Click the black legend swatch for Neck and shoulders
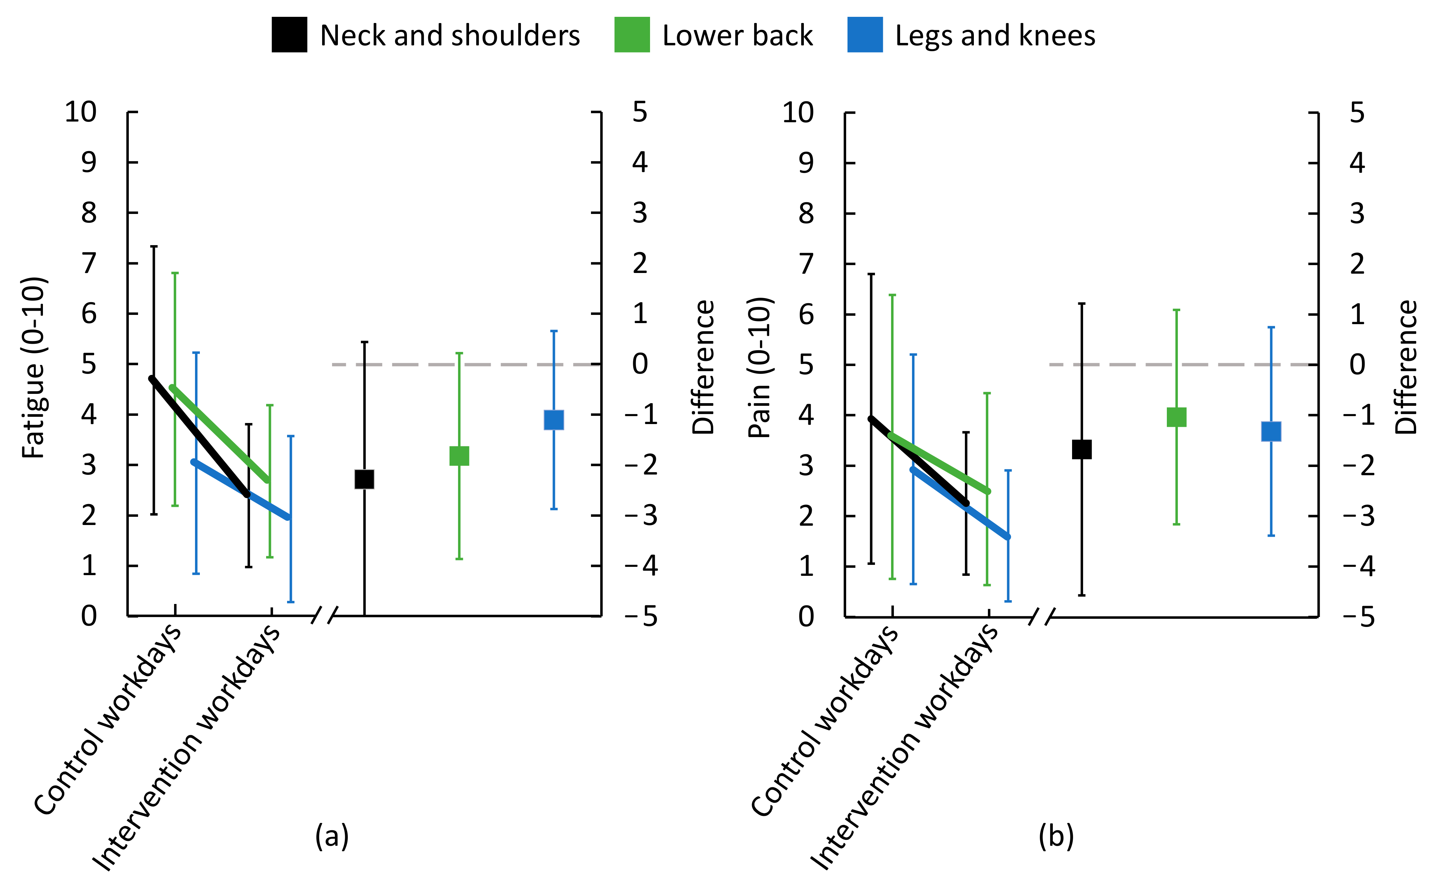(289, 35)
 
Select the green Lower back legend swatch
(631, 35)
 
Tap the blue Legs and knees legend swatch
(864, 35)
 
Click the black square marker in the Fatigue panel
(364, 479)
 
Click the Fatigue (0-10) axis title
(34, 367)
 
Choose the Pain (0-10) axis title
(759, 367)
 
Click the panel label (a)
(332, 836)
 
